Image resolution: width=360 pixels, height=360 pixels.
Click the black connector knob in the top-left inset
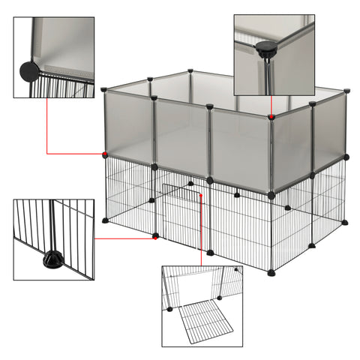[x=29, y=72]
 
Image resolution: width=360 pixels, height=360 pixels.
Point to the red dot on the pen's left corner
[x=105, y=154]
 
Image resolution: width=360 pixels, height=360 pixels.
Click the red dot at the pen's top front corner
[x=271, y=116]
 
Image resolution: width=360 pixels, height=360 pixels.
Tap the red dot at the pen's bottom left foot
[x=155, y=235]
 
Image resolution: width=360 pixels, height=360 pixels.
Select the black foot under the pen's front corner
[x=271, y=273]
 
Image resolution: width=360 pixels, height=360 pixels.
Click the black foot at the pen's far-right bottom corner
[x=345, y=222]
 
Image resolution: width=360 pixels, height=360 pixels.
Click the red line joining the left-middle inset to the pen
[x=124, y=238]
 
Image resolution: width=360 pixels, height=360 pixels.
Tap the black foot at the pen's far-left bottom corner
[x=105, y=220]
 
